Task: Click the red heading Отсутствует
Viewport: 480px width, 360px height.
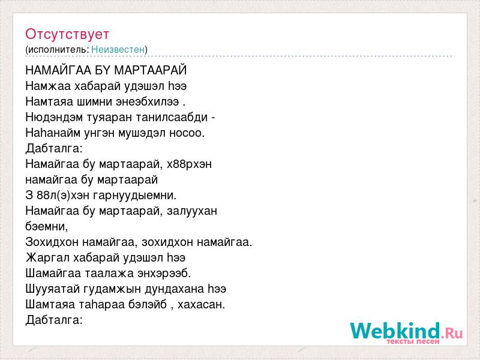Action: pyautogui.click(x=67, y=34)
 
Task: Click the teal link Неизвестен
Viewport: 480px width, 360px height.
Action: pyautogui.click(x=118, y=49)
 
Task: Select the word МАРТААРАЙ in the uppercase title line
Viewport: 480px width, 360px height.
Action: pyautogui.click(x=150, y=70)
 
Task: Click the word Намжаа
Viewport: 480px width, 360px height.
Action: pyautogui.click(x=49, y=86)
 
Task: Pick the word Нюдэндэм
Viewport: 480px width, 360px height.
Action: pyautogui.click(x=54, y=117)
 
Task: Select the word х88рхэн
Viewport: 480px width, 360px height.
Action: pyautogui.click(x=189, y=164)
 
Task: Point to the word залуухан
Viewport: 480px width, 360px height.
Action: pyautogui.click(x=192, y=211)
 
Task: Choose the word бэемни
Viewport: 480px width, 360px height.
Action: pyautogui.click(x=47, y=227)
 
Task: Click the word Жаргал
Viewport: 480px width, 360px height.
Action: pyautogui.click(x=48, y=258)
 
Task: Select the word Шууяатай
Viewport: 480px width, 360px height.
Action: pyautogui.click(x=53, y=289)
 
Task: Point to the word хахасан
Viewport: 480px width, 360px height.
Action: pyautogui.click(x=201, y=305)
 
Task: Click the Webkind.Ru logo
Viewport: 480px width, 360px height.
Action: pyautogui.click(x=407, y=331)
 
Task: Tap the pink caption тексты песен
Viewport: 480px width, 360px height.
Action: pyautogui.click(x=413, y=341)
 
